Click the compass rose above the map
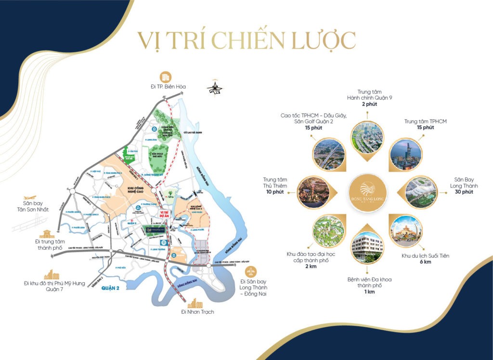click(215, 88)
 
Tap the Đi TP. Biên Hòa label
click(165, 87)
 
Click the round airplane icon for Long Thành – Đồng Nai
click(251, 271)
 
